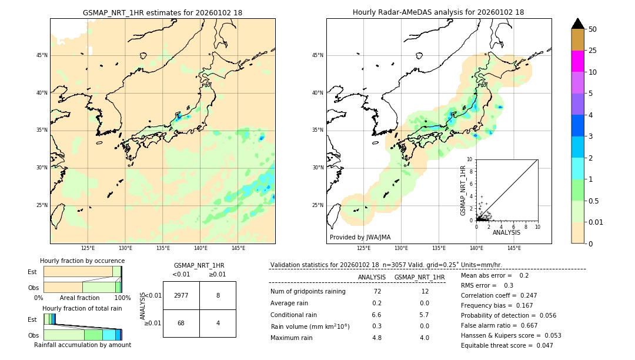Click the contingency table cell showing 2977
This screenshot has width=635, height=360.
(181, 295)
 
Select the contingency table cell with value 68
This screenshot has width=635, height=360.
(181, 324)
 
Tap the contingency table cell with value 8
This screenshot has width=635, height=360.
(218, 295)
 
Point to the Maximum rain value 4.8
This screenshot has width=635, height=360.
(377, 338)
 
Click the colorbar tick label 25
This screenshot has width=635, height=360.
(593, 51)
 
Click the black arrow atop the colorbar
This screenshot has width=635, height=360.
(578, 24)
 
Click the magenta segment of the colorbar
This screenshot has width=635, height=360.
(578, 61)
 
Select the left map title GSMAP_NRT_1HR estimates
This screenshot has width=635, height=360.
(162, 12)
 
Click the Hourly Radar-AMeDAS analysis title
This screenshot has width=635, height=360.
(438, 12)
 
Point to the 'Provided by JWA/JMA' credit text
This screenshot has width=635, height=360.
(360, 237)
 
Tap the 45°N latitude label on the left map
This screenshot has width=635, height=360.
(42, 55)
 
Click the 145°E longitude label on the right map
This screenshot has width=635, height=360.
(514, 248)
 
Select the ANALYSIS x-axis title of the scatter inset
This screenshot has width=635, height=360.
(506, 232)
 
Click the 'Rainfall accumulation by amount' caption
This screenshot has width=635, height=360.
(82, 345)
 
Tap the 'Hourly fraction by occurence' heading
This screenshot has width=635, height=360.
(82, 261)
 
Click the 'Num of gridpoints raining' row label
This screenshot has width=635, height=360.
(308, 291)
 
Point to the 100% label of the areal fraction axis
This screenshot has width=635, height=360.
(122, 298)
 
